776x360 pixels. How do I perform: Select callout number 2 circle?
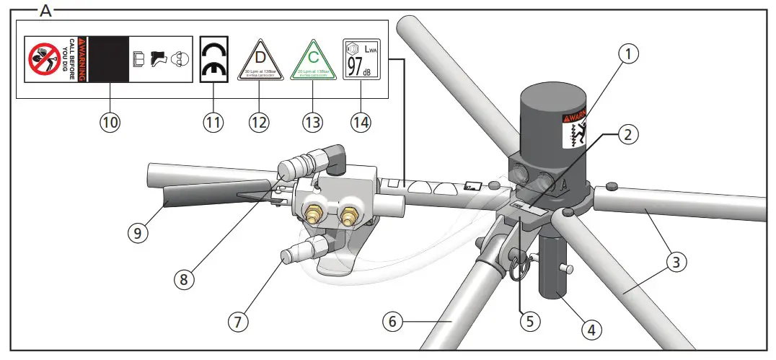[x=629, y=134]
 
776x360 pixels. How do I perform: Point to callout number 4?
[x=591, y=330]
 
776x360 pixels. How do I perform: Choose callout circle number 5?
[x=530, y=320]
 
